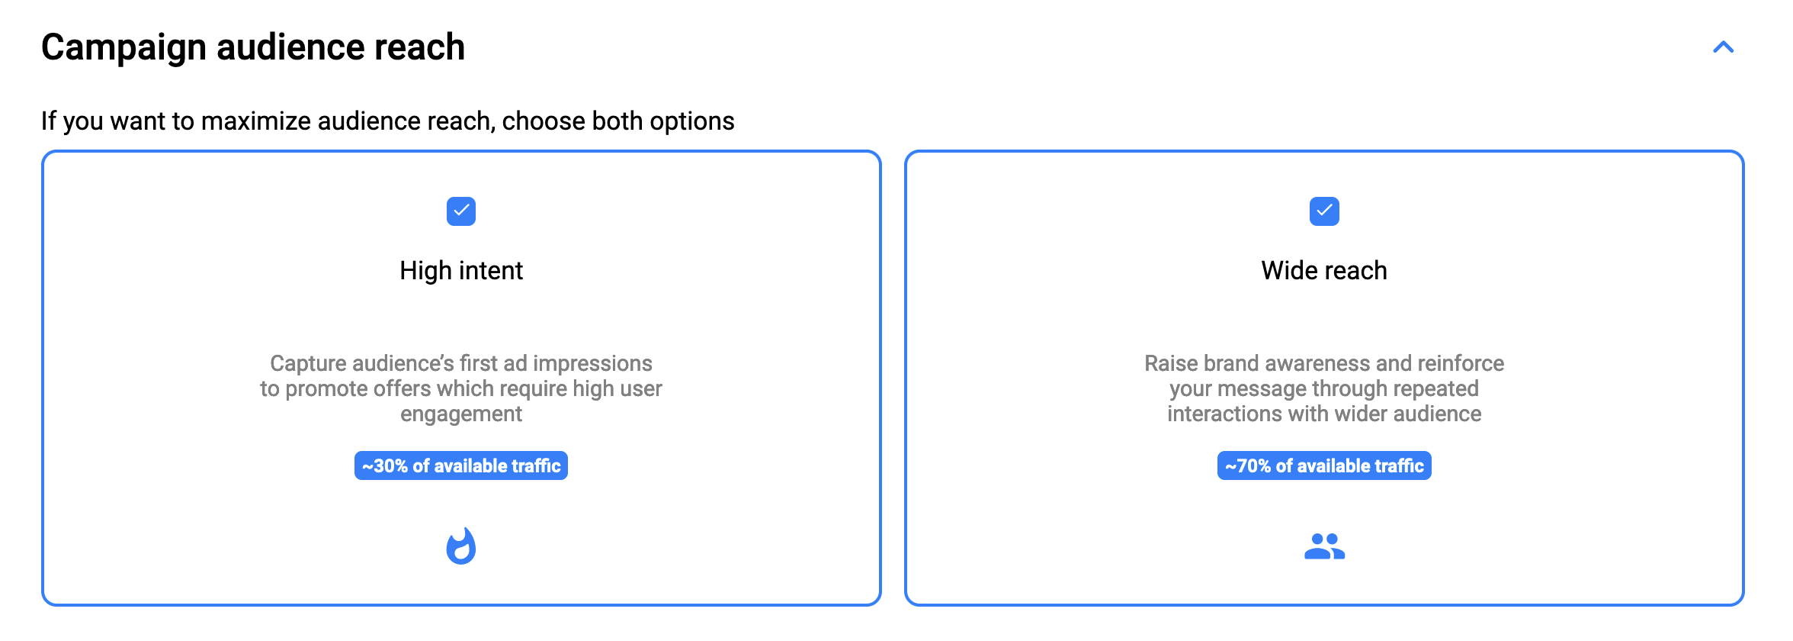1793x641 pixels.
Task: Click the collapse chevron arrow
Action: point(1724,47)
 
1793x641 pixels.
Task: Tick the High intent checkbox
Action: point(461,211)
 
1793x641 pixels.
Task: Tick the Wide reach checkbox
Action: point(1324,211)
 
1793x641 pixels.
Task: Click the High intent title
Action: point(461,270)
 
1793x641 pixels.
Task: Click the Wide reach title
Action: point(1324,270)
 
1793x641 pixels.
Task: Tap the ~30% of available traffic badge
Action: point(461,465)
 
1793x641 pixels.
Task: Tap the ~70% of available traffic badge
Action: point(1324,465)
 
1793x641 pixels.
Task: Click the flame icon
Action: point(461,546)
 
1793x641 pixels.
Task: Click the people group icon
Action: point(1325,546)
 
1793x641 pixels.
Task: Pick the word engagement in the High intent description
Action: point(461,414)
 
